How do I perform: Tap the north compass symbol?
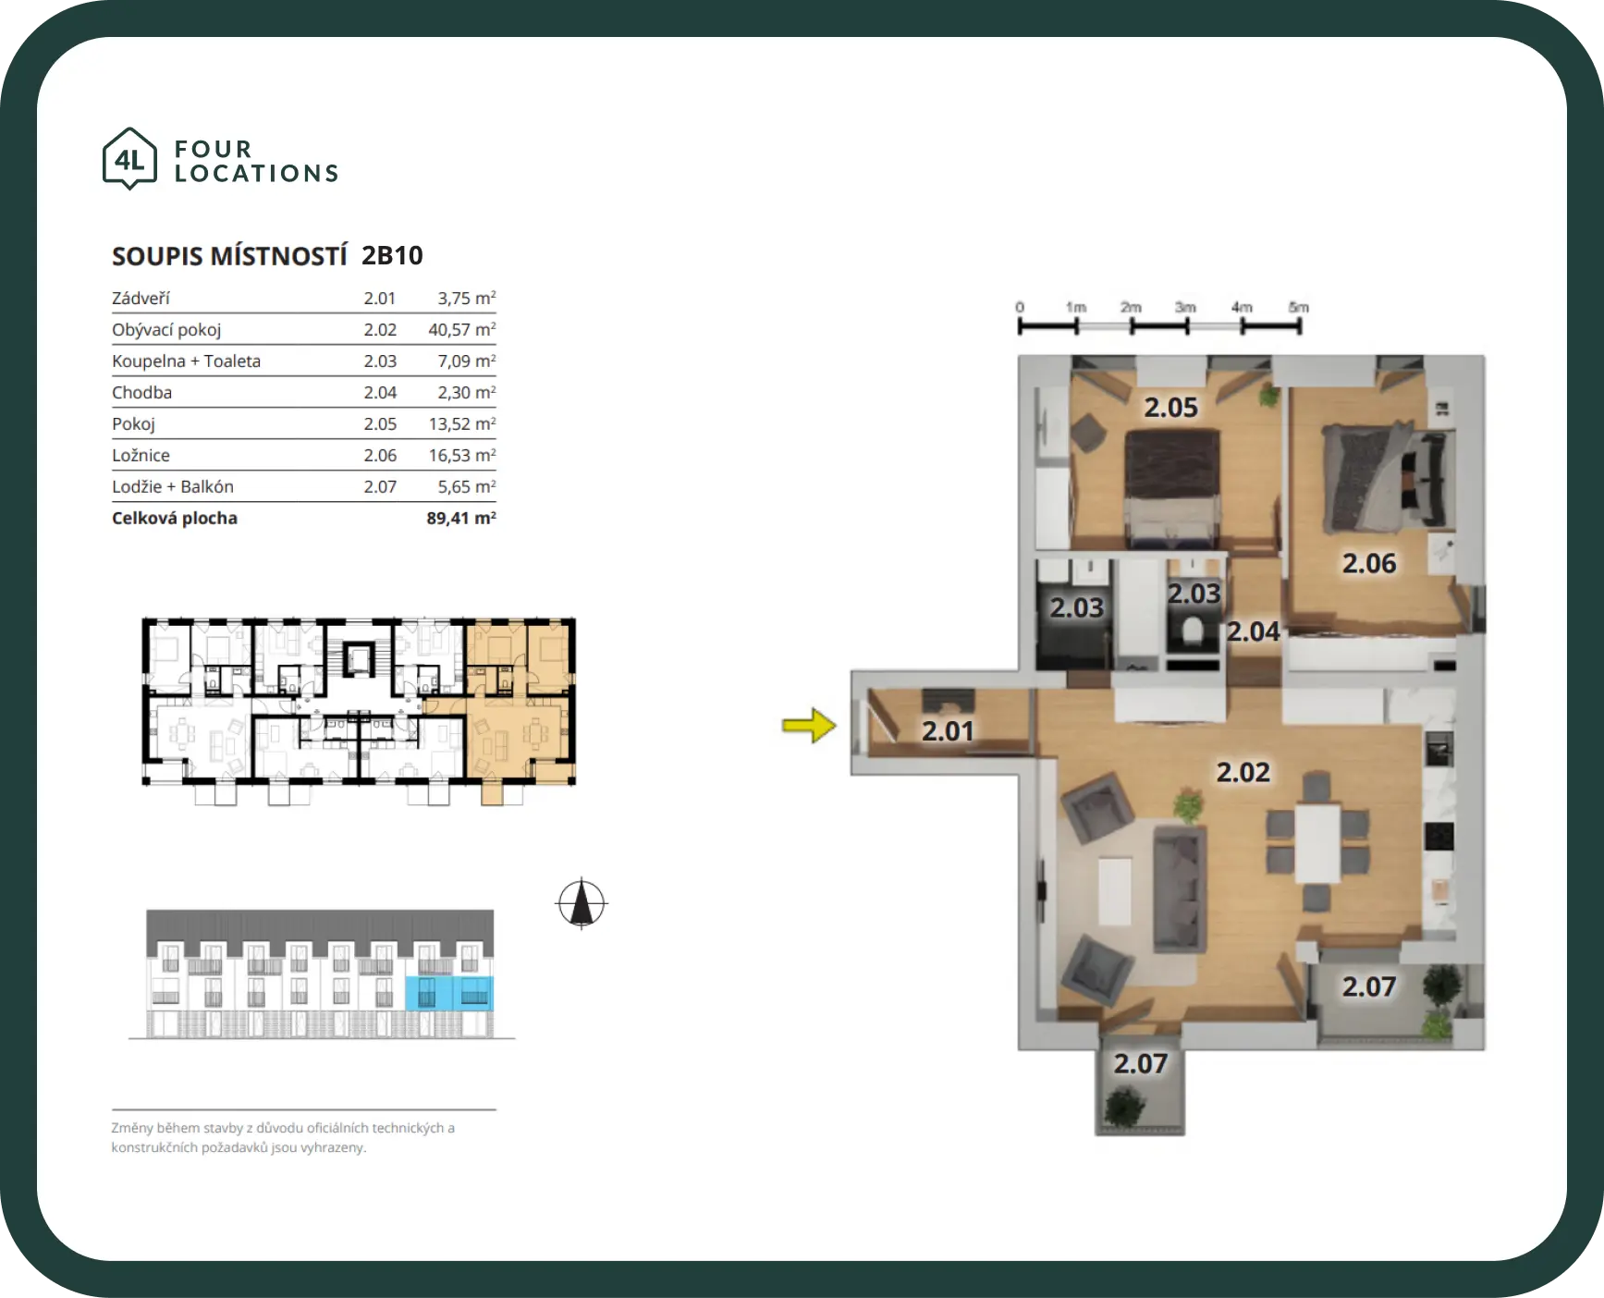[582, 903]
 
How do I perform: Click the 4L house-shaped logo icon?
[129, 159]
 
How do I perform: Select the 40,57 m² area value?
[461, 330]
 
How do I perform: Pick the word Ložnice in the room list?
[141, 455]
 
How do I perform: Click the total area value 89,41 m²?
[461, 518]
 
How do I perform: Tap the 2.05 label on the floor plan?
[1170, 408]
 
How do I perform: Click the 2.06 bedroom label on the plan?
[1369, 563]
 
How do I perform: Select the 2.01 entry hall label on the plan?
[949, 731]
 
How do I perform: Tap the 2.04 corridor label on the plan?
[1253, 631]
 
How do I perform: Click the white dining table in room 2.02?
[1317, 844]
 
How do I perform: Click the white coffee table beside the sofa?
[1115, 890]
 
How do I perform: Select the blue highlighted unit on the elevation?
[449, 994]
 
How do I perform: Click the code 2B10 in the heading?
[392, 255]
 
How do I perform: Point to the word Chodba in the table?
[141, 392]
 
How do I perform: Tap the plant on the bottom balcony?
[1123, 1106]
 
